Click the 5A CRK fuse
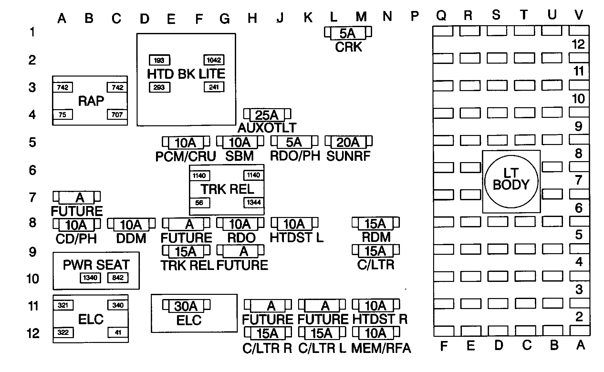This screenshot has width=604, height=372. click(x=348, y=33)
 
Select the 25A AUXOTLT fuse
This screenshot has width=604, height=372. click(x=267, y=115)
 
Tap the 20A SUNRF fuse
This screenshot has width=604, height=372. click(x=348, y=142)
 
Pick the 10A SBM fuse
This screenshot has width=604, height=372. click(x=240, y=142)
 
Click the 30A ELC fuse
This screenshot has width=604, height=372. click(x=186, y=306)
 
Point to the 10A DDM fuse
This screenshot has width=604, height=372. click(x=131, y=224)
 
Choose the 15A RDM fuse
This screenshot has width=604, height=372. click(x=375, y=223)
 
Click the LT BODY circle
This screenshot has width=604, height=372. click(x=511, y=181)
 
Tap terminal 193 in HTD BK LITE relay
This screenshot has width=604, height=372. click(x=159, y=60)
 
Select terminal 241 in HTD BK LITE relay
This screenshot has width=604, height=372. click(x=214, y=87)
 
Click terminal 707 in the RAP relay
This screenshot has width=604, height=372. click(x=117, y=115)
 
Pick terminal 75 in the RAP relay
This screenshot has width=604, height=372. click(x=63, y=115)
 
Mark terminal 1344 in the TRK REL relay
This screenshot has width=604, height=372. click(x=254, y=202)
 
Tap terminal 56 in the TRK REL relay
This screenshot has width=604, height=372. click(x=199, y=203)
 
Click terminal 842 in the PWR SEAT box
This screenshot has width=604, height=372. click(x=118, y=278)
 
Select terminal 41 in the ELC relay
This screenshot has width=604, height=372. click(x=118, y=332)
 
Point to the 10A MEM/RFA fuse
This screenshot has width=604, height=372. click(x=375, y=333)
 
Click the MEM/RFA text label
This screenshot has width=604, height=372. click(x=381, y=348)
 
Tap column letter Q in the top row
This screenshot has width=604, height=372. click(x=441, y=15)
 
